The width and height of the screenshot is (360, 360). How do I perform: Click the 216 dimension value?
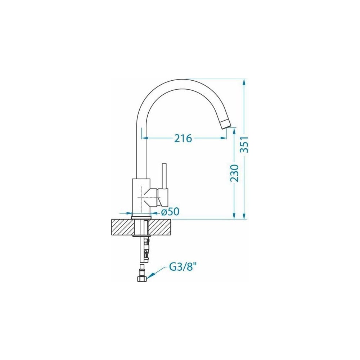point(183,138)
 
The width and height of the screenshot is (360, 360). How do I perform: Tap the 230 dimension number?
point(234,173)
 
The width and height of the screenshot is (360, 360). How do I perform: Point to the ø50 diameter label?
point(170,212)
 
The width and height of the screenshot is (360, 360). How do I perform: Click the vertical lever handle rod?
point(164,176)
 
